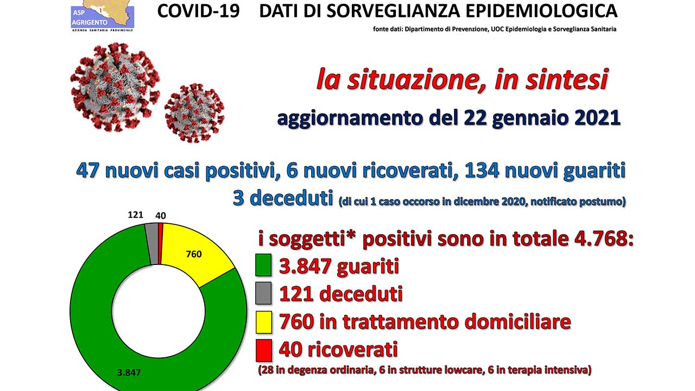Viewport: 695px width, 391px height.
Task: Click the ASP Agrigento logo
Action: point(103,16)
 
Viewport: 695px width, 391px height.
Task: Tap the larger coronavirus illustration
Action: point(115,87)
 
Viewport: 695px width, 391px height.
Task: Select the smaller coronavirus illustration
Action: point(194,113)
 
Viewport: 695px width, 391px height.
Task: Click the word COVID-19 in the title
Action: point(199,11)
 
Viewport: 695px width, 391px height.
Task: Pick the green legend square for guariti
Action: point(263,265)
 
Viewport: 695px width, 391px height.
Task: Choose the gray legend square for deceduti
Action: point(263,293)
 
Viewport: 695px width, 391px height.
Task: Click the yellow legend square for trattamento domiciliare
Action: point(264,322)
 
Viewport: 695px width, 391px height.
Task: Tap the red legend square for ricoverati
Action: point(264,351)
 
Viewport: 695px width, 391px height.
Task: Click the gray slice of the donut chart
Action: point(152,244)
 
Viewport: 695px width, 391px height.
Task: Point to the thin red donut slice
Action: point(160,244)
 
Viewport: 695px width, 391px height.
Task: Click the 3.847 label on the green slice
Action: point(129,373)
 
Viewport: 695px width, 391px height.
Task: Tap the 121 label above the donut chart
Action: point(136,215)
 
